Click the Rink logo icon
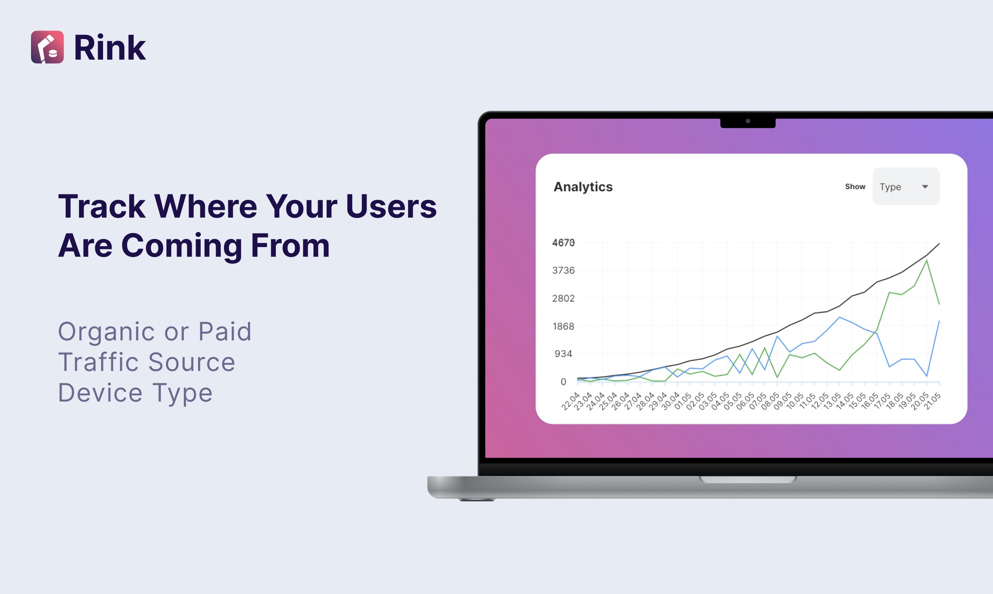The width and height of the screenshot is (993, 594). [47, 47]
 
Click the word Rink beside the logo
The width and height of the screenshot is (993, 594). [110, 48]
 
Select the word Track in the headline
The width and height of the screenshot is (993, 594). [102, 206]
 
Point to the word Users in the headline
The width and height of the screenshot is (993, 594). [391, 206]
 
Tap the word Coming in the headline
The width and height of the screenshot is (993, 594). [181, 246]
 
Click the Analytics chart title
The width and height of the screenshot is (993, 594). [583, 187]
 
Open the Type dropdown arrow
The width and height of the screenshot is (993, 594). [925, 187]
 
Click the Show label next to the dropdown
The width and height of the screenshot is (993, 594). [855, 187]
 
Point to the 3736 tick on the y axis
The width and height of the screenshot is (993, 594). [563, 271]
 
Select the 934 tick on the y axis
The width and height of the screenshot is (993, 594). [563, 354]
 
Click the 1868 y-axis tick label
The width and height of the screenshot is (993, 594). [563, 326]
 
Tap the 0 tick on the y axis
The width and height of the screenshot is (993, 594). [563, 382]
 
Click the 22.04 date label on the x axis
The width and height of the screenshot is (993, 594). [571, 401]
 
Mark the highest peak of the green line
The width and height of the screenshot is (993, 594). [926, 261]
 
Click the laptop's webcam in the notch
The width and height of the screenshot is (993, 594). [747, 121]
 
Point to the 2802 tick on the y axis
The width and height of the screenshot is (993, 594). [563, 298]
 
